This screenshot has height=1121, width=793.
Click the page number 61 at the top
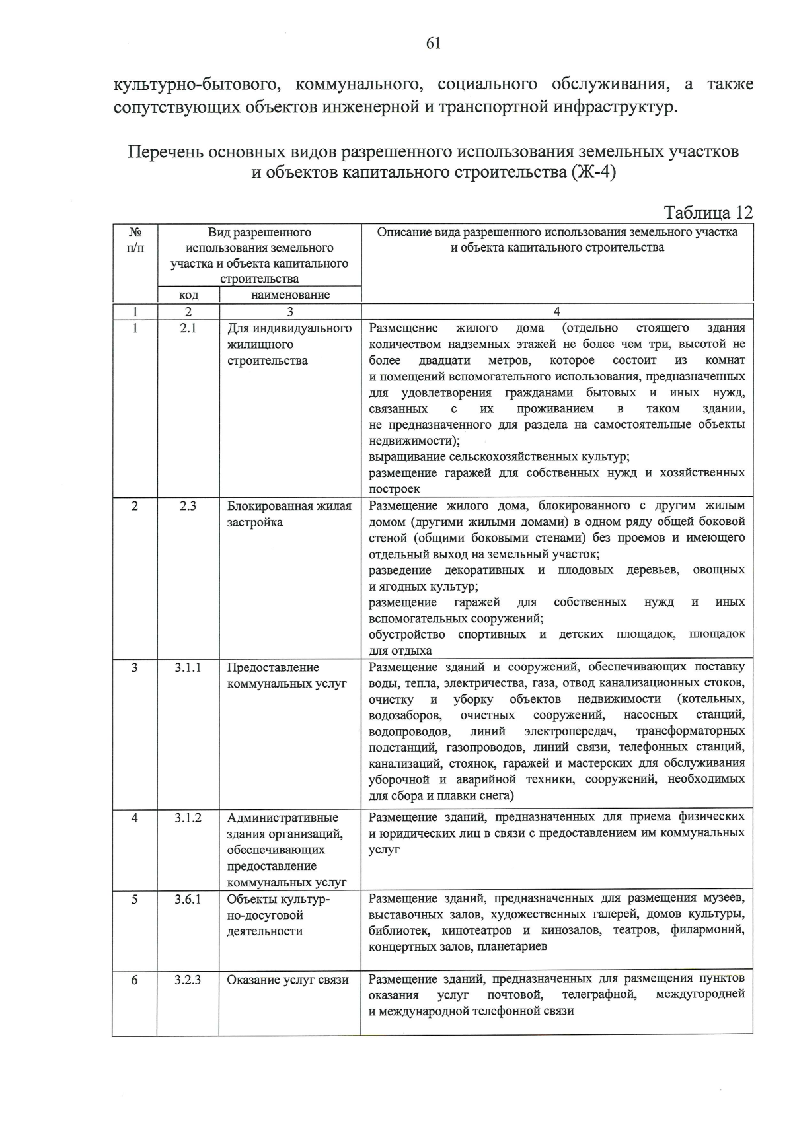(x=434, y=44)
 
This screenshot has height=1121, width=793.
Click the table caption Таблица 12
(x=708, y=213)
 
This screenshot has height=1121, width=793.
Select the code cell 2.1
(x=188, y=328)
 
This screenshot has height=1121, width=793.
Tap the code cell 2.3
(x=188, y=507)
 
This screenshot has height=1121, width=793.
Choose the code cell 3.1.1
(x=188, y=668)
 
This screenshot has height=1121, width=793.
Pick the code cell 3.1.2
(x=188, y=818)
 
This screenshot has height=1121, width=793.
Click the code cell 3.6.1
(x=188, y=899)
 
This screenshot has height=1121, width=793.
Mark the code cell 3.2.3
(x=188, y=980)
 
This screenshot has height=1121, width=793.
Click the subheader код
(x=188, y=295)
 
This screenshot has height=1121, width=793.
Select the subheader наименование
(x=290, y=295)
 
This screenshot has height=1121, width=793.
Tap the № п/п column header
(x=135, y=240)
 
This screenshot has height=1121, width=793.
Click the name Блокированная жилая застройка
(x=289, y=514)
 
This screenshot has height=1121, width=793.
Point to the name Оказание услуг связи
(x=287, y=980)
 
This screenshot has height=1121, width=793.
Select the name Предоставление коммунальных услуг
(x=286, y=675)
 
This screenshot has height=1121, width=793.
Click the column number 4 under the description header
(x=556, y=312)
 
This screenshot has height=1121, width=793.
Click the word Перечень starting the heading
(x=166, y=152)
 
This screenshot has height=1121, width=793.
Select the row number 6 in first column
(x=135, y=980)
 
